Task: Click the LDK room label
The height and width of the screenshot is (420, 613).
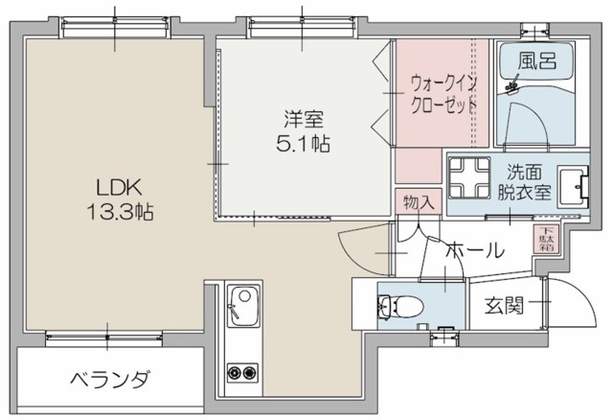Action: (120, 185)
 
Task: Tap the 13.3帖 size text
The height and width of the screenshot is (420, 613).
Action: (120, 210)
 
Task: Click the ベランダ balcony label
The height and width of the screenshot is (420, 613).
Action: (110, 380)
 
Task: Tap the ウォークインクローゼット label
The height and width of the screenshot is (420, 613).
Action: (443, 93)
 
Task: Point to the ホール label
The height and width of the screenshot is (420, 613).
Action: (474, 251)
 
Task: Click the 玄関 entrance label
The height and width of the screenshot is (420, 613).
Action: (503, 307)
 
